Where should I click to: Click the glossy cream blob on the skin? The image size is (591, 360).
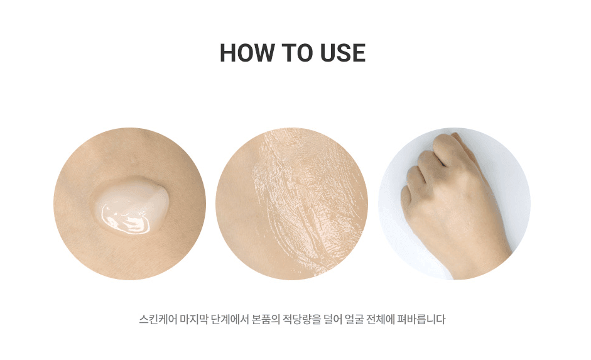130,205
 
